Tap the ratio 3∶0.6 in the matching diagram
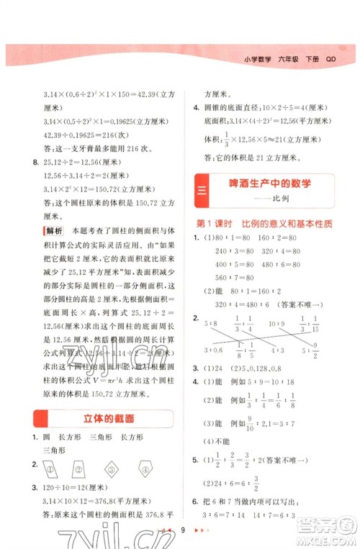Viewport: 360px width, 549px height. click(x=212, y=350)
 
